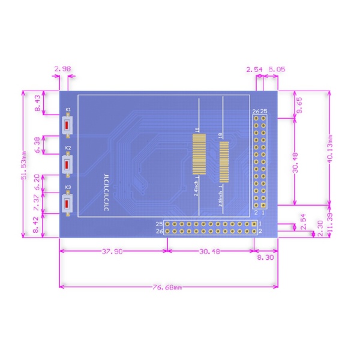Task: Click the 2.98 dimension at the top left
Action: pyautogui.click(x=62, y=70)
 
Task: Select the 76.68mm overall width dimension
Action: pyautogui.click(x=168, y=287)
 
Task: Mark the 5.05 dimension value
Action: pyautogui.click(x=277, y=70)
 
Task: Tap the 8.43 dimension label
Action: pyautogui.click(x=38, y=104)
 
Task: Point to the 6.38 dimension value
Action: pyautogui.click(x=38, y=145)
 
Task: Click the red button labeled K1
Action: pyautogui.click(x=68, y=125)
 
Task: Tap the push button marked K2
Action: pyautogui.click(x=68, y=164)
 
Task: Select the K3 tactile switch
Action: pyautogui.click(x=68, y=203)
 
